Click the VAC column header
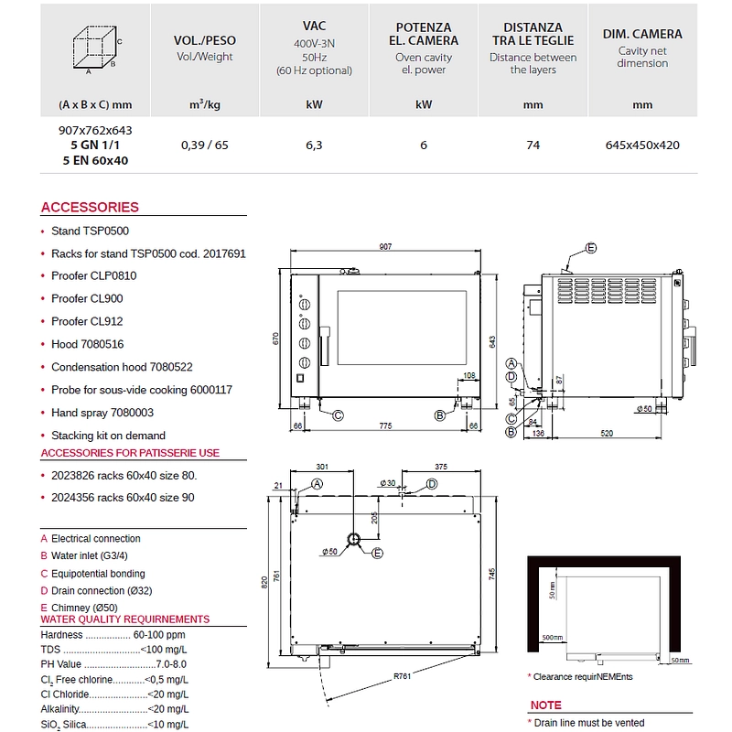(314, 27)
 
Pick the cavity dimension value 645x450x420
(642, 145)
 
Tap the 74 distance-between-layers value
(533, 145)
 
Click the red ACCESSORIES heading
(90, 208)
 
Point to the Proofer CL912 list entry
(87, 321)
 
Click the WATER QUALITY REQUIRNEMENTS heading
(125, 619)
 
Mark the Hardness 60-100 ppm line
(113, 634)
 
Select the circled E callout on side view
(591, 248)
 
